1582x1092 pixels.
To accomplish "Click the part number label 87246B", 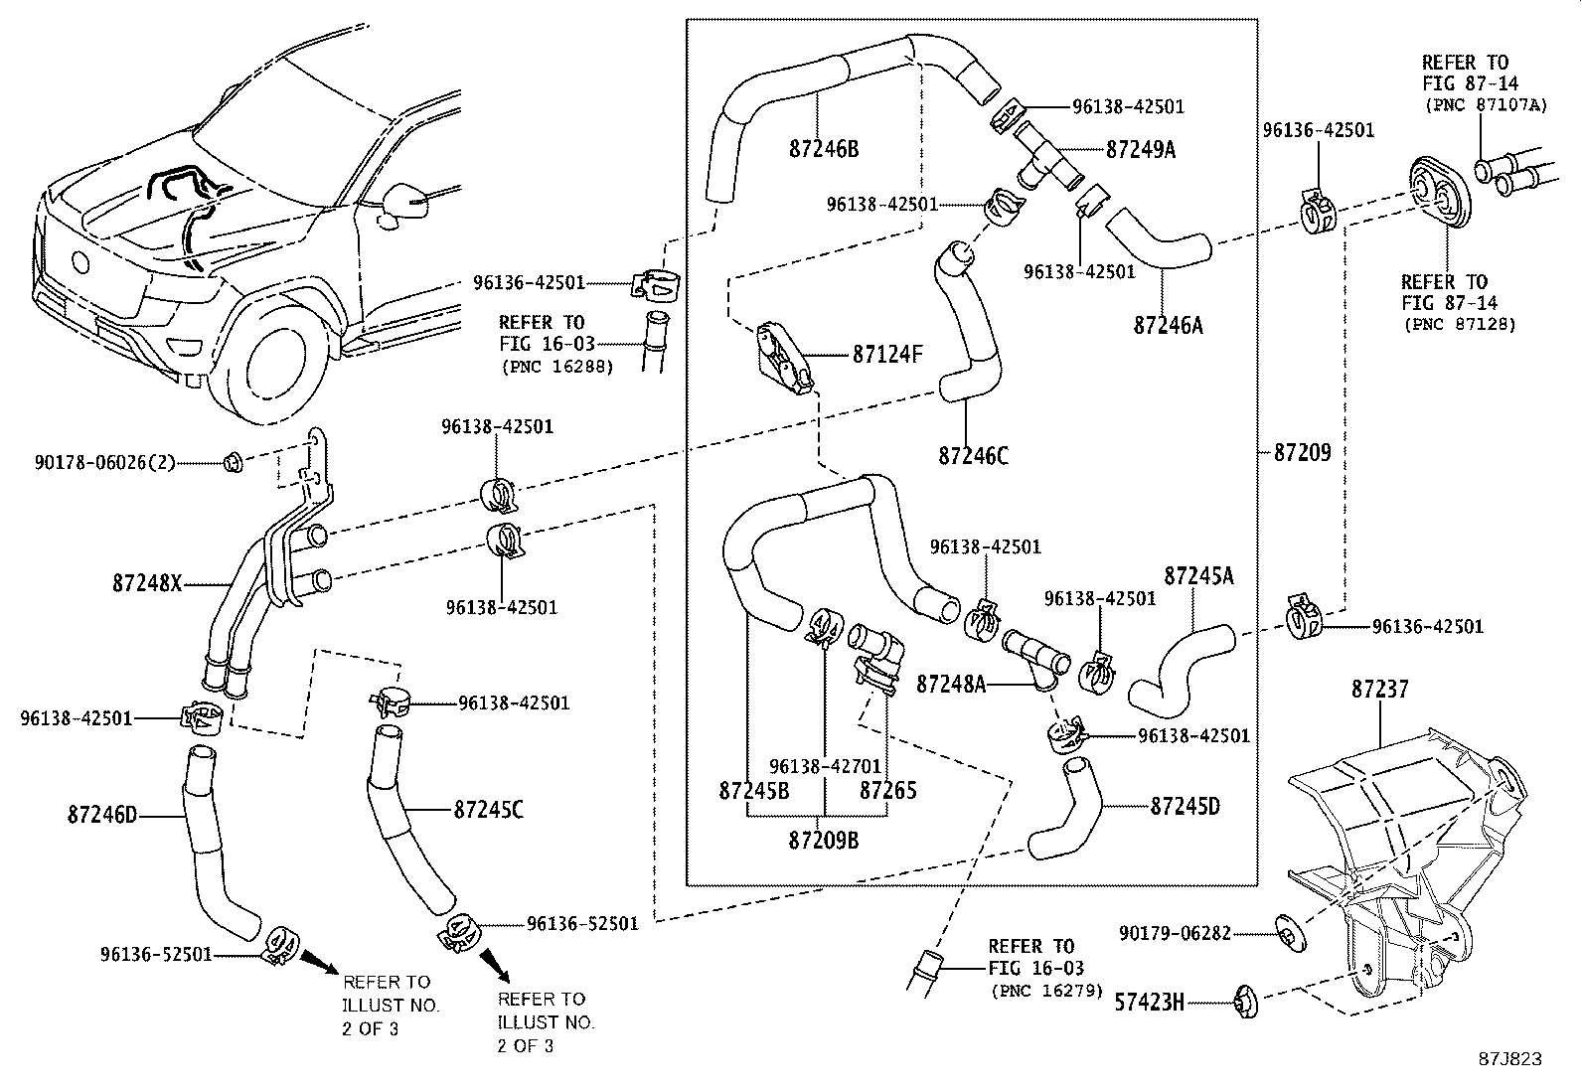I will click(824, 150).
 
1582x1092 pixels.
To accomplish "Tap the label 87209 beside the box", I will click(1302, 453).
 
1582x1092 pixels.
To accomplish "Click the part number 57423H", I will click(1150, 1003).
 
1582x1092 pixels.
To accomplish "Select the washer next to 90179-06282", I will click(1290, 933).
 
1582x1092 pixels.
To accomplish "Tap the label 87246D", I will click(102, 817).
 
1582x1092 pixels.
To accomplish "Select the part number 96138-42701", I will click(825, 766).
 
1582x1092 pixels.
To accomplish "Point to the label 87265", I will click(887, 791).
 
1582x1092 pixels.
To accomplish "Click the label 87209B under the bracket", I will click(824, 841).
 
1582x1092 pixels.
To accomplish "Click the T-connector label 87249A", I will click(1141, 149).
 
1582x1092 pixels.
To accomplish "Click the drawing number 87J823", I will click(1509, 1058).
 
